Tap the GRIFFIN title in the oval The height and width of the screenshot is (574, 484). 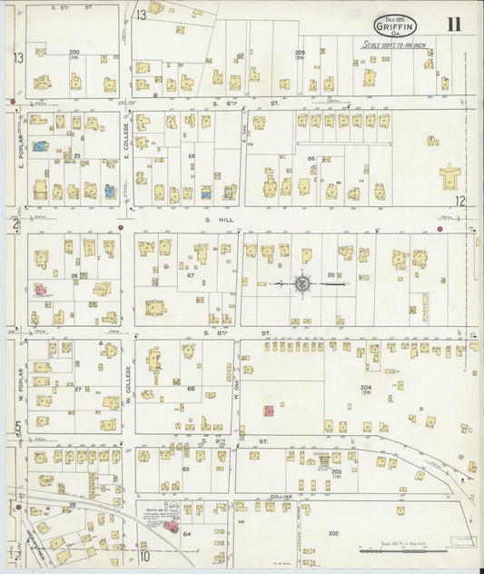pos(395,28)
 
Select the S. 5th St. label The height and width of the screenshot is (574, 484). pos(71,7)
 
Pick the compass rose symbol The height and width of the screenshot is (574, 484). pos(301,284)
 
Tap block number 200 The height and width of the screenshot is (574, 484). pos(74,53)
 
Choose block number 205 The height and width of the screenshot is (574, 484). pos(300,53)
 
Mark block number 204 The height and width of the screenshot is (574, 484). pos(366,387)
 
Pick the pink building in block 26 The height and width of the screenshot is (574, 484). pos(40,290)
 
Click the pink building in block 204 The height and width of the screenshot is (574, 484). pos(269,411)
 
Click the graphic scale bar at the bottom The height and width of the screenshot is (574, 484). pos(390,550)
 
